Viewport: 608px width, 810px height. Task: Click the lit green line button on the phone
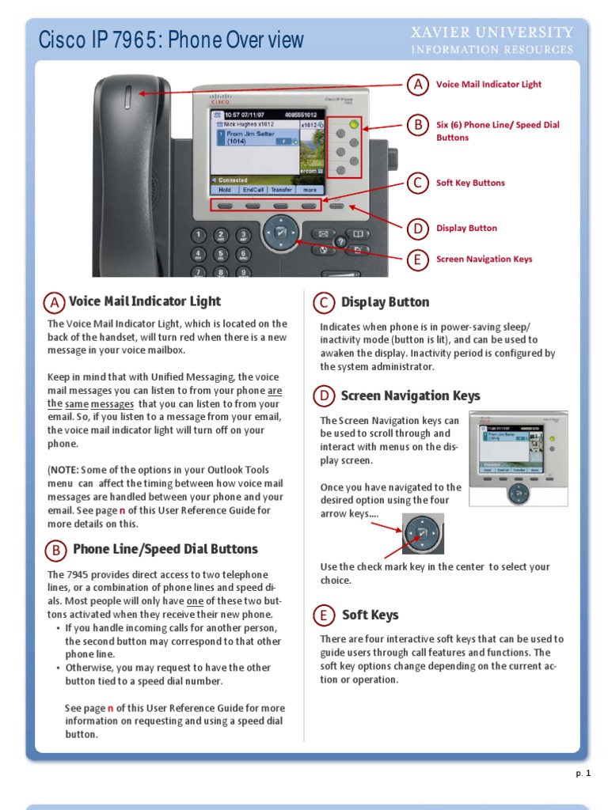[x=353, y=125]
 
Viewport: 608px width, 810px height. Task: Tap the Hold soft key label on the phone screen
[x=225, y=190]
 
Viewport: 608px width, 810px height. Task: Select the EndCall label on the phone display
[x=253, y=190]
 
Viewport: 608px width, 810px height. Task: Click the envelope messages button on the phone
[x=323, y=233]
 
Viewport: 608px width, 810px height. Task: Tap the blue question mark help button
[x=340, y=242]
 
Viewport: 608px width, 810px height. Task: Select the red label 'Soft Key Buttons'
[x=470, y=183]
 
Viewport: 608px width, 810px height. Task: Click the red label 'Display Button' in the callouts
[x=466, y=228]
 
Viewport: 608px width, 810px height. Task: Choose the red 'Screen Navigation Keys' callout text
[x=484, y=259]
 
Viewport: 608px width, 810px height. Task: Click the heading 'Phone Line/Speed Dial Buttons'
[x=165, y=549]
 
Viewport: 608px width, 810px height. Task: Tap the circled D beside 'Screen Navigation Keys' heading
[x=323, y=396]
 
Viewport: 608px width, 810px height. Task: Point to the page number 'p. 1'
[x=583, y=774]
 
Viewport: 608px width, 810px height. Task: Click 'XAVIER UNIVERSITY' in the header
[x=491, y=32]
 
